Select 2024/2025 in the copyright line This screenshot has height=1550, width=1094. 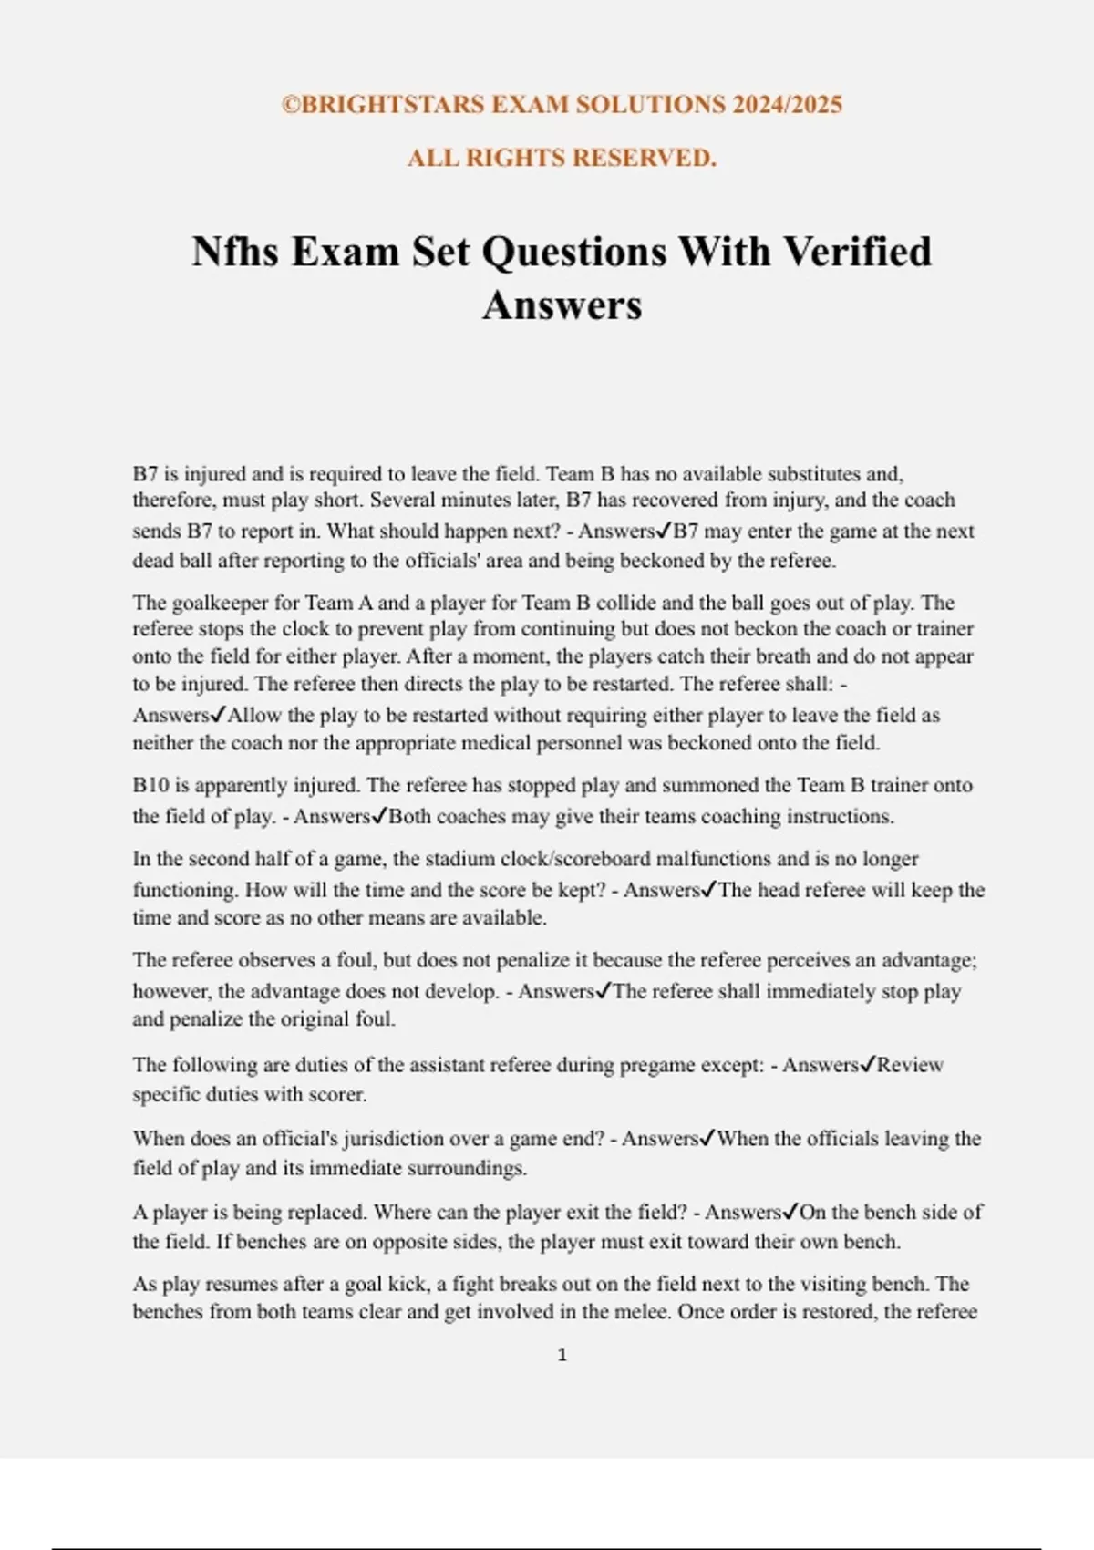click(787, 105)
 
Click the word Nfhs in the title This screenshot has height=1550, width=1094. click(234, 252)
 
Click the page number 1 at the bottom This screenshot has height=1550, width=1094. click(562, 1355)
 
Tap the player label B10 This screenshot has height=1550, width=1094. click(150, 785)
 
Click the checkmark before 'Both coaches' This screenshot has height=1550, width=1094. click(380, 815)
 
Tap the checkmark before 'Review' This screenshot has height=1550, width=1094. click(869, 1064)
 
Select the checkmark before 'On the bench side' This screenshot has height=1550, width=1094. click(790, 1212)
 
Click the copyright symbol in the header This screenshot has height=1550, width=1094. click(291, 105)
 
